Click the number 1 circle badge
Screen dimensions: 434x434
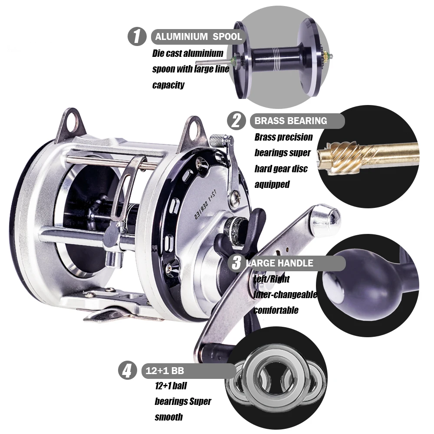tap(137, 36)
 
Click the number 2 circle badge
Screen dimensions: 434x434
tap(236, 120)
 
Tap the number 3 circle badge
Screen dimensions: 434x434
tap(237, 263)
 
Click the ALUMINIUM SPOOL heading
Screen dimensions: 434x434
tap(198, 37)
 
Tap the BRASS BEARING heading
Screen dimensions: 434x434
tap(291, 121)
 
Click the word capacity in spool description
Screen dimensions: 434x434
tap(168, 85)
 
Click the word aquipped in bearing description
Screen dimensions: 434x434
tap(272, 184)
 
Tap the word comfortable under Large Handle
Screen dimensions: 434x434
tap(276, 310)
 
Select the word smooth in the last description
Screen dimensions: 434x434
tap(168, 417)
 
